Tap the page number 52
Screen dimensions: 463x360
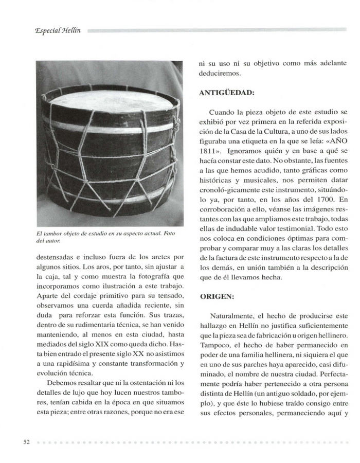(x=27, y=442)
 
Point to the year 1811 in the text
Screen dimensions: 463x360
(x=210, y=152)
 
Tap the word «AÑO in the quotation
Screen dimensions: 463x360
(x=335, y=141)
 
